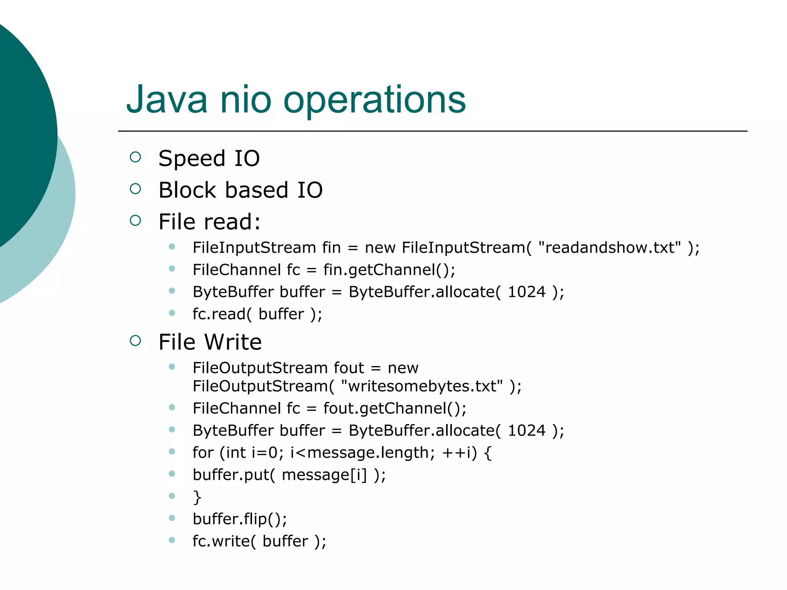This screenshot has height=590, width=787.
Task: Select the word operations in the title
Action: [374, 101]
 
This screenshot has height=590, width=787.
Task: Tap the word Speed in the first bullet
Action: [192, 159]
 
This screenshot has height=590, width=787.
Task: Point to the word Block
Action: [188, 190]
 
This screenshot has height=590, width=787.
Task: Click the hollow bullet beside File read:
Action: [135, 220]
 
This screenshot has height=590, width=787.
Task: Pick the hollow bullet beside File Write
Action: [135, 341]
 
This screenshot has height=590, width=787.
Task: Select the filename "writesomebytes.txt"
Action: [422, 386]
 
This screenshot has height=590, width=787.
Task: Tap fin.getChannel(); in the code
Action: [389, 270]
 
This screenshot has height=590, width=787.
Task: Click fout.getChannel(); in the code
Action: [395, 408]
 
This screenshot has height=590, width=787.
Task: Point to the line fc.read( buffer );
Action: [257, 314]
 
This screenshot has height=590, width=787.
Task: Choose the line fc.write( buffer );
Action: [259, 541]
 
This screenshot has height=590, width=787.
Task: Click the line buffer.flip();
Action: [240, 519]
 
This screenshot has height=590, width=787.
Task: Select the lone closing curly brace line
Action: [197, 497]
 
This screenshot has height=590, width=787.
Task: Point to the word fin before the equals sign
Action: [331, 248]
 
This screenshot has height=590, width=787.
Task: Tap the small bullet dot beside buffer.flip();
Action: [172, 518]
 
